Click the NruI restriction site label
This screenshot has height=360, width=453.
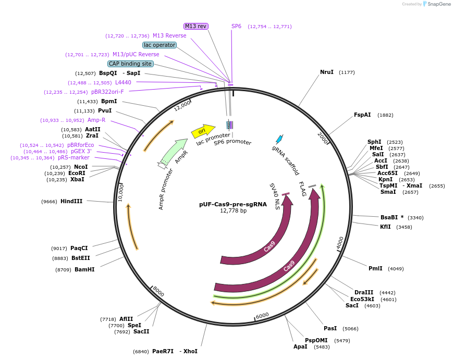[x=326, y=72]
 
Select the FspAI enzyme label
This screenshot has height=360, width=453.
[x=362, y=115]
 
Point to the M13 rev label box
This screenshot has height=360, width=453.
[x=196, y=26]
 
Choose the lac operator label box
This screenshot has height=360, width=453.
[x=160, y=45]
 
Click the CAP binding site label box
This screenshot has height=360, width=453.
[x=130, y=64]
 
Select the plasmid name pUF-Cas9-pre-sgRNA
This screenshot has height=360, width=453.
[x=233, y=204]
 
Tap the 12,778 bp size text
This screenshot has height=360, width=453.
[x=233, y=211]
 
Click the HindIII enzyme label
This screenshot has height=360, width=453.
[x=71, y=201]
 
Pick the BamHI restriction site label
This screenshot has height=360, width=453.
[x=84, y=269]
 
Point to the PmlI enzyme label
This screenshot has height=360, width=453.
[x=375, y=268]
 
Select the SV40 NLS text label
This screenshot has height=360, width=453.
[x=275, y=196]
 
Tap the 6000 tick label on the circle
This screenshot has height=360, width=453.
[x=262, y=316]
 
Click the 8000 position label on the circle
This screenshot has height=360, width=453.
[x=158, y=292]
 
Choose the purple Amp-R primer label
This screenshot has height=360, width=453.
[x=96, y=120]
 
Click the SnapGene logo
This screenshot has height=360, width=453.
[x=437, y=4]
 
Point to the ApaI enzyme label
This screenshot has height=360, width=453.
[x=300, y=346]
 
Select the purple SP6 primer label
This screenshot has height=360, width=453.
[x=236, y=26]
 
